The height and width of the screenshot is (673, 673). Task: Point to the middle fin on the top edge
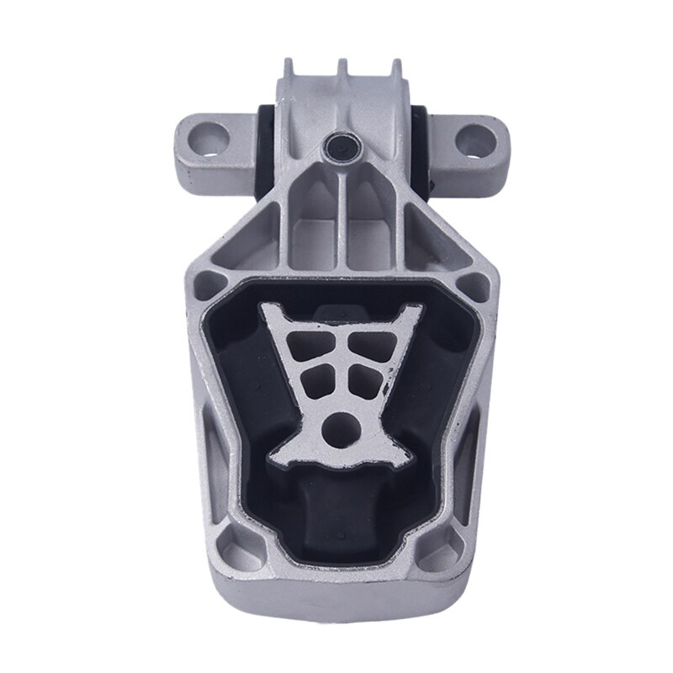click(x=342, y=68)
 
